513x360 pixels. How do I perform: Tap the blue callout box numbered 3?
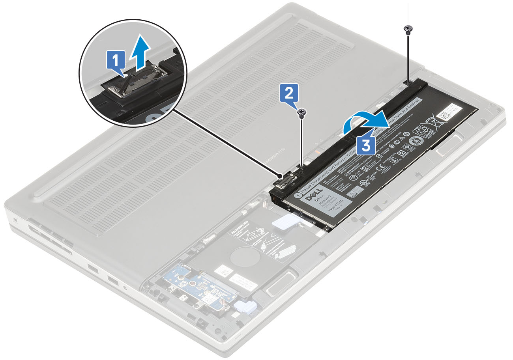click(x=366, y=145)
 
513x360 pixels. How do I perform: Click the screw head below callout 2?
click(x=302, y=114)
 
